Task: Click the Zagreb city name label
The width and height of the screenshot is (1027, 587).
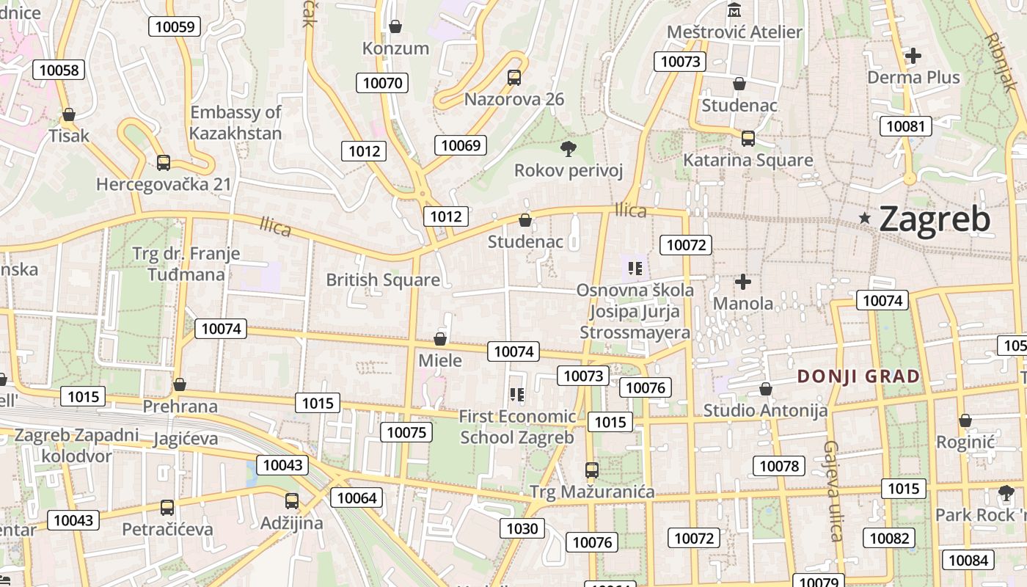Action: click(935, 219)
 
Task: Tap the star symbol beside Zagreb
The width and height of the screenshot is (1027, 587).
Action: click(866, 218)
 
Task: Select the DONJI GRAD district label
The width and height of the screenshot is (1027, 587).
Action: click(858, 376)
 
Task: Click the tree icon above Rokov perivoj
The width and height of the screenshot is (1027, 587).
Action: click(568, 150)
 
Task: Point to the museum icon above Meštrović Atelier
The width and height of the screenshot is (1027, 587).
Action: click(734, 11)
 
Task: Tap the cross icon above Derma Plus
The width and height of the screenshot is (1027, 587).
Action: click(913, 56)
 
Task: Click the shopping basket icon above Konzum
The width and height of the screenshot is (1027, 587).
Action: click(395, 27)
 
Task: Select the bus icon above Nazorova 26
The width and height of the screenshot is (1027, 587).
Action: click(514, 78)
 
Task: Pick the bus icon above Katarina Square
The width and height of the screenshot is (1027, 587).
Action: click(748, 139)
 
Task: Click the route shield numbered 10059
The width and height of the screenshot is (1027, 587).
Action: click(175, 27)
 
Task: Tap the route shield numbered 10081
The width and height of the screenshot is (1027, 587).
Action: click(906, 126)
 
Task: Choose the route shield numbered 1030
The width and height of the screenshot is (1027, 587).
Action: click(522, 528)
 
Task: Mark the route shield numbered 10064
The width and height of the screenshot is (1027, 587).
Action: click(357, 498)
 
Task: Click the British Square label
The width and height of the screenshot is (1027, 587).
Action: click(383, 280)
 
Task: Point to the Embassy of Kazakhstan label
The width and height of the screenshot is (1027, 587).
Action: click(235, 123)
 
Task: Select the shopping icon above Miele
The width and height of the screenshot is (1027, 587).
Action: click(440, 339)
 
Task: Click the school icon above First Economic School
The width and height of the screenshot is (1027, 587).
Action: click(516, 395)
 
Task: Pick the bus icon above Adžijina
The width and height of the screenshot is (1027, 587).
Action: click(292, 501)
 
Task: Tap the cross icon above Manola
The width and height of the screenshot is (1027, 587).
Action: click(743, 282)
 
